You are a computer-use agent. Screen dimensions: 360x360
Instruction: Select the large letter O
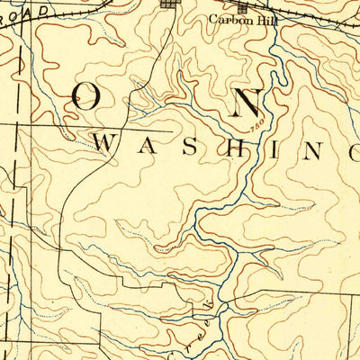(x=86, y=100)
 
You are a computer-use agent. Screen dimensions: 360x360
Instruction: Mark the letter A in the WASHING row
(x=151, y=143)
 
